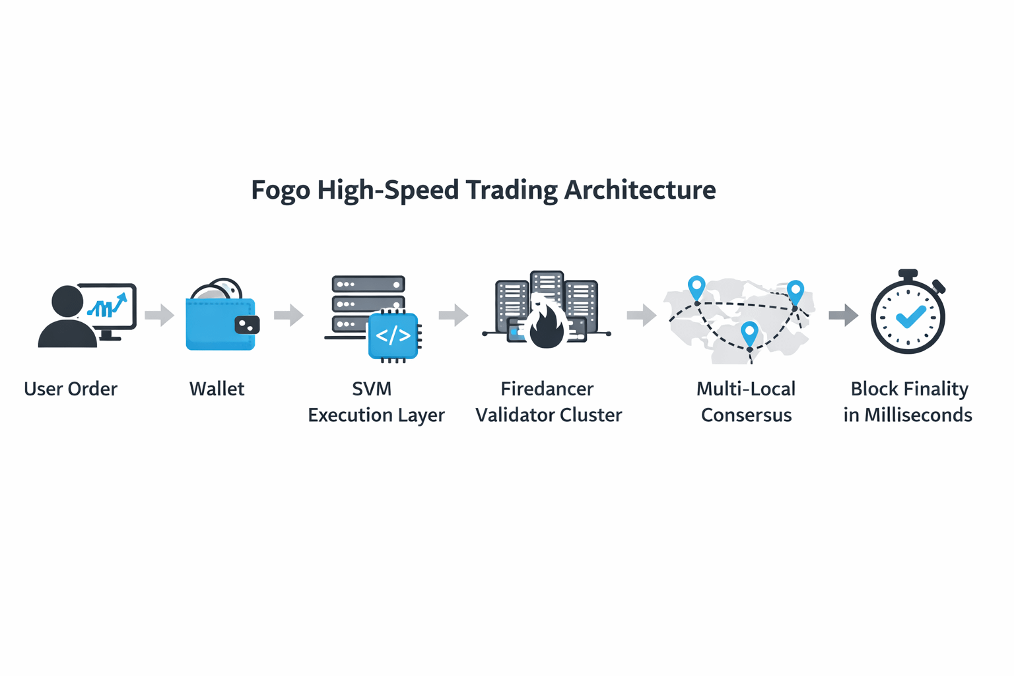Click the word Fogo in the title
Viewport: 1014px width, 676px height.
point(280,190)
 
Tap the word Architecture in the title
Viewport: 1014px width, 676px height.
point(640,190)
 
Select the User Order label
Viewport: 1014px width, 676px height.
point(71,389)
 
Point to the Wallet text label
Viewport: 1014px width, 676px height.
point(217,389)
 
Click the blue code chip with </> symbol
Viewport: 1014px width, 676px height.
point(393,335)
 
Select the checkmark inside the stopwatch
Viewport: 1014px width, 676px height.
point(910,316)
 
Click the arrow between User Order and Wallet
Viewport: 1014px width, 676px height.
point(159,315)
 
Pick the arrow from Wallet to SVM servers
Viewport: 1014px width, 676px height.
point(288,315)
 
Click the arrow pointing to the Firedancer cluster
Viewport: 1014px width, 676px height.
point(453,315)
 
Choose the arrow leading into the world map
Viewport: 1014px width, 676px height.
point(641,315)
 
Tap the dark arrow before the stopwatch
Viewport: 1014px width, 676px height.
point(843,315)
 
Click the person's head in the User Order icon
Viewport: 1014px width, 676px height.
point(67,302)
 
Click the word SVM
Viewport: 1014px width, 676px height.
point(372,389)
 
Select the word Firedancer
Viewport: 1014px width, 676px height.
point(547,389)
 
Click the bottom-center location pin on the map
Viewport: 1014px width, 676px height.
point(749,331)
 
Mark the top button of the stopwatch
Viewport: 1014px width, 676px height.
point(908,273)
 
